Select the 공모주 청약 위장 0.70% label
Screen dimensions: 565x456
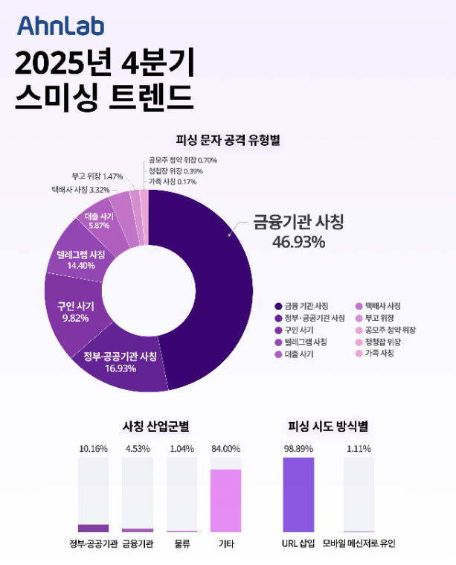(182, 160)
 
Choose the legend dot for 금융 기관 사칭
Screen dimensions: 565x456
(277, 306)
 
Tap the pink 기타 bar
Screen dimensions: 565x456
(226, 500)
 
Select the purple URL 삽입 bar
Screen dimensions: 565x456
(298, 494)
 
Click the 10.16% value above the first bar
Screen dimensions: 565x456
(93, 449)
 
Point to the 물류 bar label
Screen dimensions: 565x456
(182, 544)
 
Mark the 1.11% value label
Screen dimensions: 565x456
(359, 449)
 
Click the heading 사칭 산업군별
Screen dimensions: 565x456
(155, 427)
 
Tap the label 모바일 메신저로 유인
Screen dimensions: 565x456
(359, 544)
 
